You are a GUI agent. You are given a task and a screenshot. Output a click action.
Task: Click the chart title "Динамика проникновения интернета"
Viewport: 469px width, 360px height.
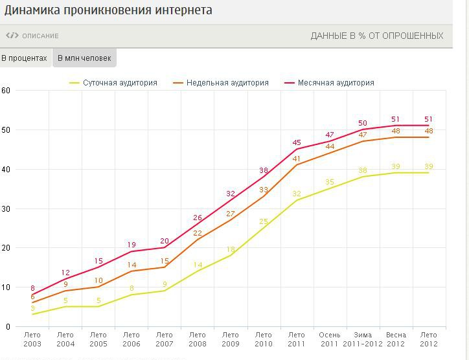(x=106, y=11)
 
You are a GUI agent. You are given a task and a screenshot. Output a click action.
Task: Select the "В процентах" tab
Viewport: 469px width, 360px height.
(x=25, y=58)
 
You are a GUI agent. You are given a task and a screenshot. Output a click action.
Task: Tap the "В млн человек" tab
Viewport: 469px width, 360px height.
(x=84, y=58)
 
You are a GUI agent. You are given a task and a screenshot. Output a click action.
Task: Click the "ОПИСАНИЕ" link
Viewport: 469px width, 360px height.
(x=40, y=36)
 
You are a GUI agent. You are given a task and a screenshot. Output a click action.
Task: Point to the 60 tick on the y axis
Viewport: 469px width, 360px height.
(x=6, y=91)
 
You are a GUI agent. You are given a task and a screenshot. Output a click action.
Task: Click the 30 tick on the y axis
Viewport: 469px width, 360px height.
(x=6, y=208)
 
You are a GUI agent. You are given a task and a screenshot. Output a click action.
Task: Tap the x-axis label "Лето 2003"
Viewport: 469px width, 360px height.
(x=32, y=339)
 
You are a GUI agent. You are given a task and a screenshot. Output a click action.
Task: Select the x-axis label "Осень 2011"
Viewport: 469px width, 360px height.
(x=330, y=339)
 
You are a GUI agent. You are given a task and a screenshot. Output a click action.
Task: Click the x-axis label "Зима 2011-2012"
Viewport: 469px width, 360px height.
(x=363, y=339)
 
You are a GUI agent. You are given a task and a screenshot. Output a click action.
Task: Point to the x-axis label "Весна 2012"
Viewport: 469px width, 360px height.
(x=396, y=339)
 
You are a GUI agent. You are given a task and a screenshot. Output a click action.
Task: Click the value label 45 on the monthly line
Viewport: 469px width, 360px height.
(x=297, y=143)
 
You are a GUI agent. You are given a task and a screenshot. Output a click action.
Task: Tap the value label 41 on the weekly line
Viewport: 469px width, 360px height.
(x=297, y=159)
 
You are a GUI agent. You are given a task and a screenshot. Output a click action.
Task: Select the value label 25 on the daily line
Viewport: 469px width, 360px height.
(x=264, y=221)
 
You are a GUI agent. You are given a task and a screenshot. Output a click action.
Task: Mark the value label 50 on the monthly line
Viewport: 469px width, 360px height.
(x=363, y=123)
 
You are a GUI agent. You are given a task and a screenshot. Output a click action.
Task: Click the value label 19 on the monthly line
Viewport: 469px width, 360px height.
(x=132, y=245)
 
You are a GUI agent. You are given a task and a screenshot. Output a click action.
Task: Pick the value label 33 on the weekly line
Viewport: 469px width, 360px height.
(x=264, y=190)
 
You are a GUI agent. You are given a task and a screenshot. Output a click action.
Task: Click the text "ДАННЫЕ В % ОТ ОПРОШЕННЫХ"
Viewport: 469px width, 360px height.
(x=377, y=36)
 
